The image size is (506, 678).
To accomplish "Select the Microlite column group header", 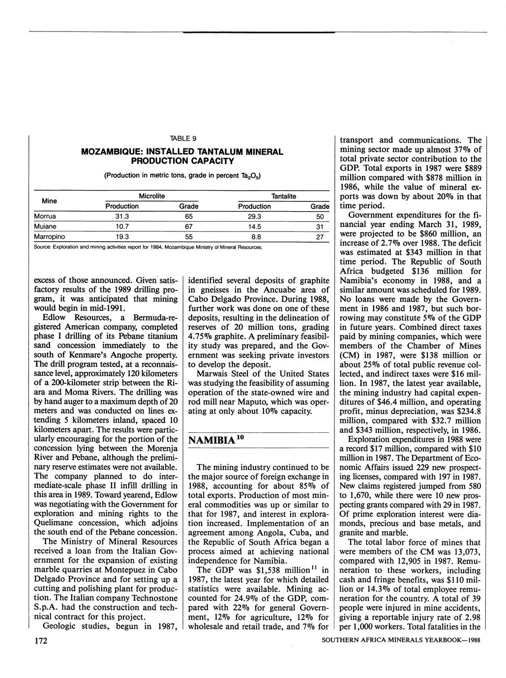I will [x=152, y=196].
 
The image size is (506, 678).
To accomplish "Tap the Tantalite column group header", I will [x=284, y=196].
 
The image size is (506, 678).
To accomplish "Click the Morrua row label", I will [x=45, y=216].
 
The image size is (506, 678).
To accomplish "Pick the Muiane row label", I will [x=45, y=226].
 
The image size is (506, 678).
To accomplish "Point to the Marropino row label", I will [x=49, y=237].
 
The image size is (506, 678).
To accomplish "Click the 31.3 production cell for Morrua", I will [x=122, y=216].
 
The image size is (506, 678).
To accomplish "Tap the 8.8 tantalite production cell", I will [x=254, y=237].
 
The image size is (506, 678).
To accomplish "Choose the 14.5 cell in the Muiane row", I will [x=254, y=226].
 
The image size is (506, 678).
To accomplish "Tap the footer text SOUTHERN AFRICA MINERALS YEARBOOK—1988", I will [x=400, y=641].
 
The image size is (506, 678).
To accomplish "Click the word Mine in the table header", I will [x=49, y=201].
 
